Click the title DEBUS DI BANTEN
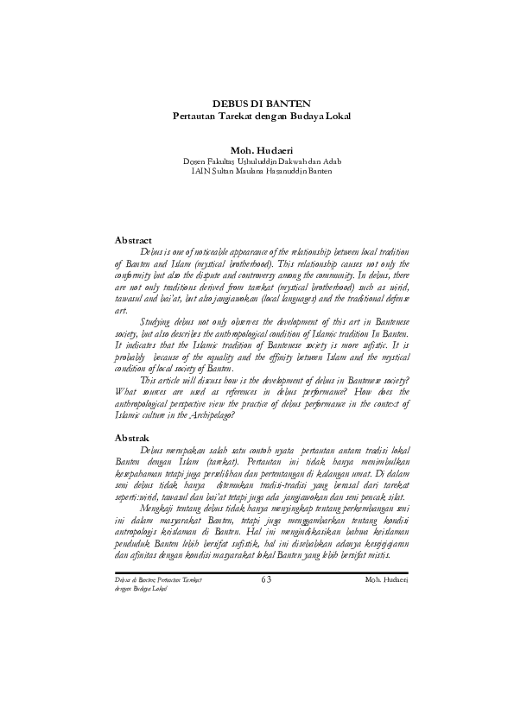tap(257, 104)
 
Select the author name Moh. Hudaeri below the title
tap(257, 149)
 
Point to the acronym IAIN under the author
tap(201, 170)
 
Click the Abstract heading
tap(134, 239)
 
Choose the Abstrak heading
tap(132, 438)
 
